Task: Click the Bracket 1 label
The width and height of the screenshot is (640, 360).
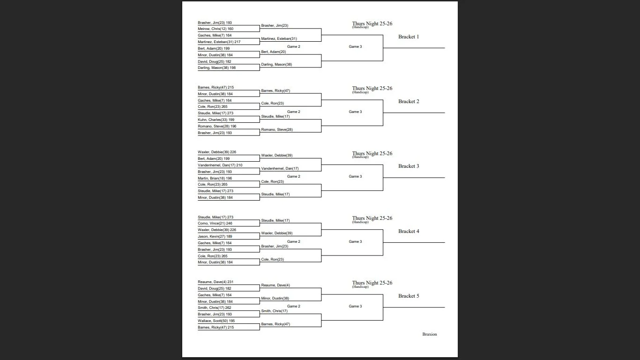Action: click(x=409, y=37)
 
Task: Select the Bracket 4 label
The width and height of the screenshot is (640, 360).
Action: click(x=409, y=231)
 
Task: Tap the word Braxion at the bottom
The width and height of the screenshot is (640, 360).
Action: click(x=429, y=334)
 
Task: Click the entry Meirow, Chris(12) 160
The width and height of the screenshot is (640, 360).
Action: click(x=216, y=29)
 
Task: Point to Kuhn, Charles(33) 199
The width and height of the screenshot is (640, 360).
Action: click(x=216, y=120)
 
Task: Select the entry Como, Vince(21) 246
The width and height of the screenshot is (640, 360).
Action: click(x=215, y=224)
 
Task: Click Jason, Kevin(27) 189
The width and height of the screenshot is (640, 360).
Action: click(x=215, y=237)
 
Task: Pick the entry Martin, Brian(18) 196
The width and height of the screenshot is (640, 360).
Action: click(x=215, y=179)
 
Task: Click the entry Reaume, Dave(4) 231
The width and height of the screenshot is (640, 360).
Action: click(x=216, y=282)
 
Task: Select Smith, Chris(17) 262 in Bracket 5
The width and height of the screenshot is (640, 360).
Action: click(x=215, y=308)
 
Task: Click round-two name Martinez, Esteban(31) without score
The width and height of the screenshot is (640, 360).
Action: click(x=279, y=39)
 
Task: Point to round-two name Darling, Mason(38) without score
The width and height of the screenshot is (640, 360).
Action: click(x=276, y=65)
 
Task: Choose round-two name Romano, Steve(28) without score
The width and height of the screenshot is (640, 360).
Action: click(x=277, y=130)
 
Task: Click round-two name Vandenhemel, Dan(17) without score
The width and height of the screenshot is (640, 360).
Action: click(x=280, y=169)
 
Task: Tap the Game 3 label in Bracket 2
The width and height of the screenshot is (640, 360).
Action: click(x=355, y=112)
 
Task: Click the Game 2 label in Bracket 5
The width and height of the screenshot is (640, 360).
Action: click(x=293, y=307)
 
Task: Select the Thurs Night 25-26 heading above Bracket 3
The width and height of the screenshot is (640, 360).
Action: click(x=372, y=153)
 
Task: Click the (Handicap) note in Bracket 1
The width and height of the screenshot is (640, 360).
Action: click(x=360, y=27)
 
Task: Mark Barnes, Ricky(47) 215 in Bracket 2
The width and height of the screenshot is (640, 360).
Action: click(x=216, y=88)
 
